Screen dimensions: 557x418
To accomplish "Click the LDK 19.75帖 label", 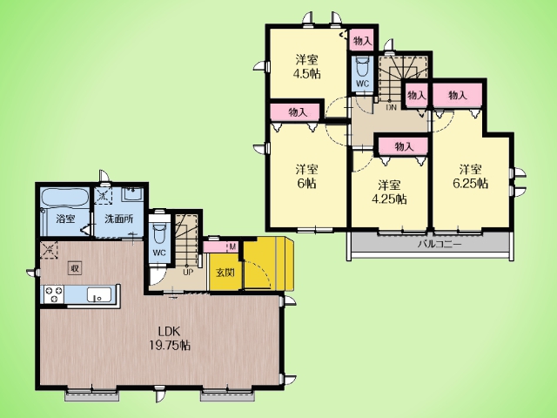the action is click(169, 339).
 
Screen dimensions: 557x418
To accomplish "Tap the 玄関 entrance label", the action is click(225, 273).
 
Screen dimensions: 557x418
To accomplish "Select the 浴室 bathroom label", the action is click(66, 219).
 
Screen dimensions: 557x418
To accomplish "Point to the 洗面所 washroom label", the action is click(119, 219).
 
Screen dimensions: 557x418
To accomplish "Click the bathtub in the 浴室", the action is click(65, 197).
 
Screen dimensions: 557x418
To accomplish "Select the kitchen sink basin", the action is click(99, 294).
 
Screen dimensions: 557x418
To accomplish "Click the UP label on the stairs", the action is click(188, 273).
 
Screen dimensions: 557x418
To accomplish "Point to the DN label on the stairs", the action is click(391, 106).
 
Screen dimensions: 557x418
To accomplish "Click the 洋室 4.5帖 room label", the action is click(306, 66).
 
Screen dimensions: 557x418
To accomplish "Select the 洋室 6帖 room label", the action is click(306, 177).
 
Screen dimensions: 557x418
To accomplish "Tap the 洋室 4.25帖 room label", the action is click(389, 192).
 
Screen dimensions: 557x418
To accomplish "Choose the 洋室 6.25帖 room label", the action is click(470, 176).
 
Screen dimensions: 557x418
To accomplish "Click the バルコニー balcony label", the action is click(440, 244).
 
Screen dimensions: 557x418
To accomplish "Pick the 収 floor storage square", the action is click(75, 268).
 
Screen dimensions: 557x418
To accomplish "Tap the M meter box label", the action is click(232, 246).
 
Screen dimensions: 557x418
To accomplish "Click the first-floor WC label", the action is click(159, 253).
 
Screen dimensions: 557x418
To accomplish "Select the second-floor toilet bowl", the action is click(362, 67).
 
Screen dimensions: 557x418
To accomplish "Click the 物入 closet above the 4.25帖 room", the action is click(404, 146).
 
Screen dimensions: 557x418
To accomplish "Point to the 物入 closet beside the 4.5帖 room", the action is click(363, 41).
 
